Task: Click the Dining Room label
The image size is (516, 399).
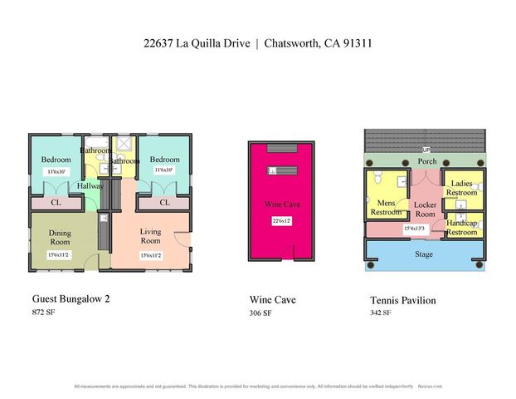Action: pyautogui.click(x=60, y=236)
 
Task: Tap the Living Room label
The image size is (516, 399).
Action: pyautogui.click(x=150, y=236)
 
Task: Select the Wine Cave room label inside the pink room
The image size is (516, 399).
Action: pyautogui.click(x=279, y=204)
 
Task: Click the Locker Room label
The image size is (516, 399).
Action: pyautogui.click(x=425, y=209)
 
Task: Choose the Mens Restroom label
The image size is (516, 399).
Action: pyautogui.click(x=386, y=206)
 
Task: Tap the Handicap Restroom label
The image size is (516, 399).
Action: pyautogui.click(x=461, y=228)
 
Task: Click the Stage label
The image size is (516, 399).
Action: pyautogui.click(x=424, y=254)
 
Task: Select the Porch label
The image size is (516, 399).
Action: pyautogui.click(x=427, y=161)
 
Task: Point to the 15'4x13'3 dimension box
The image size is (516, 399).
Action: pyautogui.click(x=414, y=229)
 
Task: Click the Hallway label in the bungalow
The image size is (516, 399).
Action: pyautogui.click(x=90, y=186)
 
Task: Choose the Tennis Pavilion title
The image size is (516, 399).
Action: pyautogui.click(x=403, y=299)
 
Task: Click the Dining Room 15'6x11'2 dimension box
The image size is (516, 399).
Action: pyautogui.click(x=61, y=255)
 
